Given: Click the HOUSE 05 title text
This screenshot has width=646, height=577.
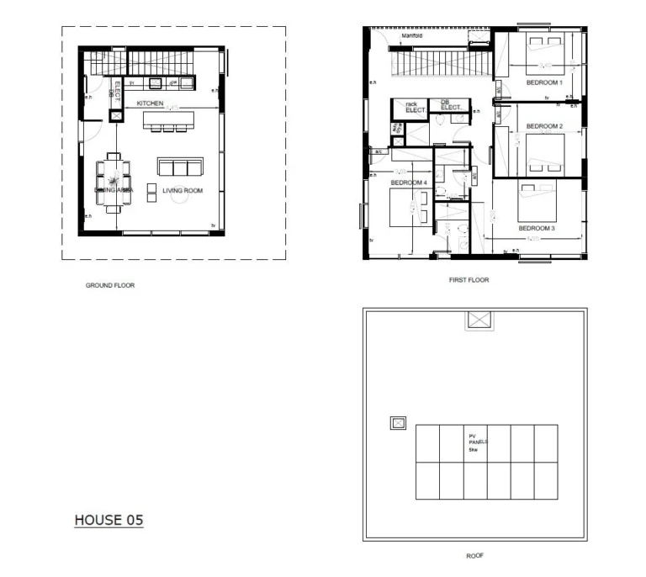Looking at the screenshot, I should pos(109,520).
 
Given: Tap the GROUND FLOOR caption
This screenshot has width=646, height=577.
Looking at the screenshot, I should pos(109,285).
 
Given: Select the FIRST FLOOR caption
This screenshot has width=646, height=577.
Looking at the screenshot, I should pos(469,280).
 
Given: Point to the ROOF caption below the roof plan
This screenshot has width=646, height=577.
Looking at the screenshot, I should pos(474,556).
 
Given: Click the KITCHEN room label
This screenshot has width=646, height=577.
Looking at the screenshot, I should pos(150,103).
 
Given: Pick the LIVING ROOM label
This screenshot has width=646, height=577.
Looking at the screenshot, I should pos(183,191).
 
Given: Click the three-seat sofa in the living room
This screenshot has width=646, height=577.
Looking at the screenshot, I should pos(180,166).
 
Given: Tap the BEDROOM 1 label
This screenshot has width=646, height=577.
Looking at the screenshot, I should pos(544,82).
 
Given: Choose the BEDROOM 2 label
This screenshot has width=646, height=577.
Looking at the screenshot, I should pos(543,126).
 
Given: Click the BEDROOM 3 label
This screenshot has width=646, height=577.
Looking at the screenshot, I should pos(536,229).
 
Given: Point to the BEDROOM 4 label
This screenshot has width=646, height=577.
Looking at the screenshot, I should pos(409,183).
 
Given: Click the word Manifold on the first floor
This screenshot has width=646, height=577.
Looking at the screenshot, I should pos(411,37).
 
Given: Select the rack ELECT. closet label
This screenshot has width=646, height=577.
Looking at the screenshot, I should pos(415,107).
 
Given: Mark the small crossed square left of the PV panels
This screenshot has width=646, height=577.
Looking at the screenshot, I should pos(398,423).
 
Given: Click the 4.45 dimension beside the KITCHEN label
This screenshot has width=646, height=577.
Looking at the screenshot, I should pos(172,108).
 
